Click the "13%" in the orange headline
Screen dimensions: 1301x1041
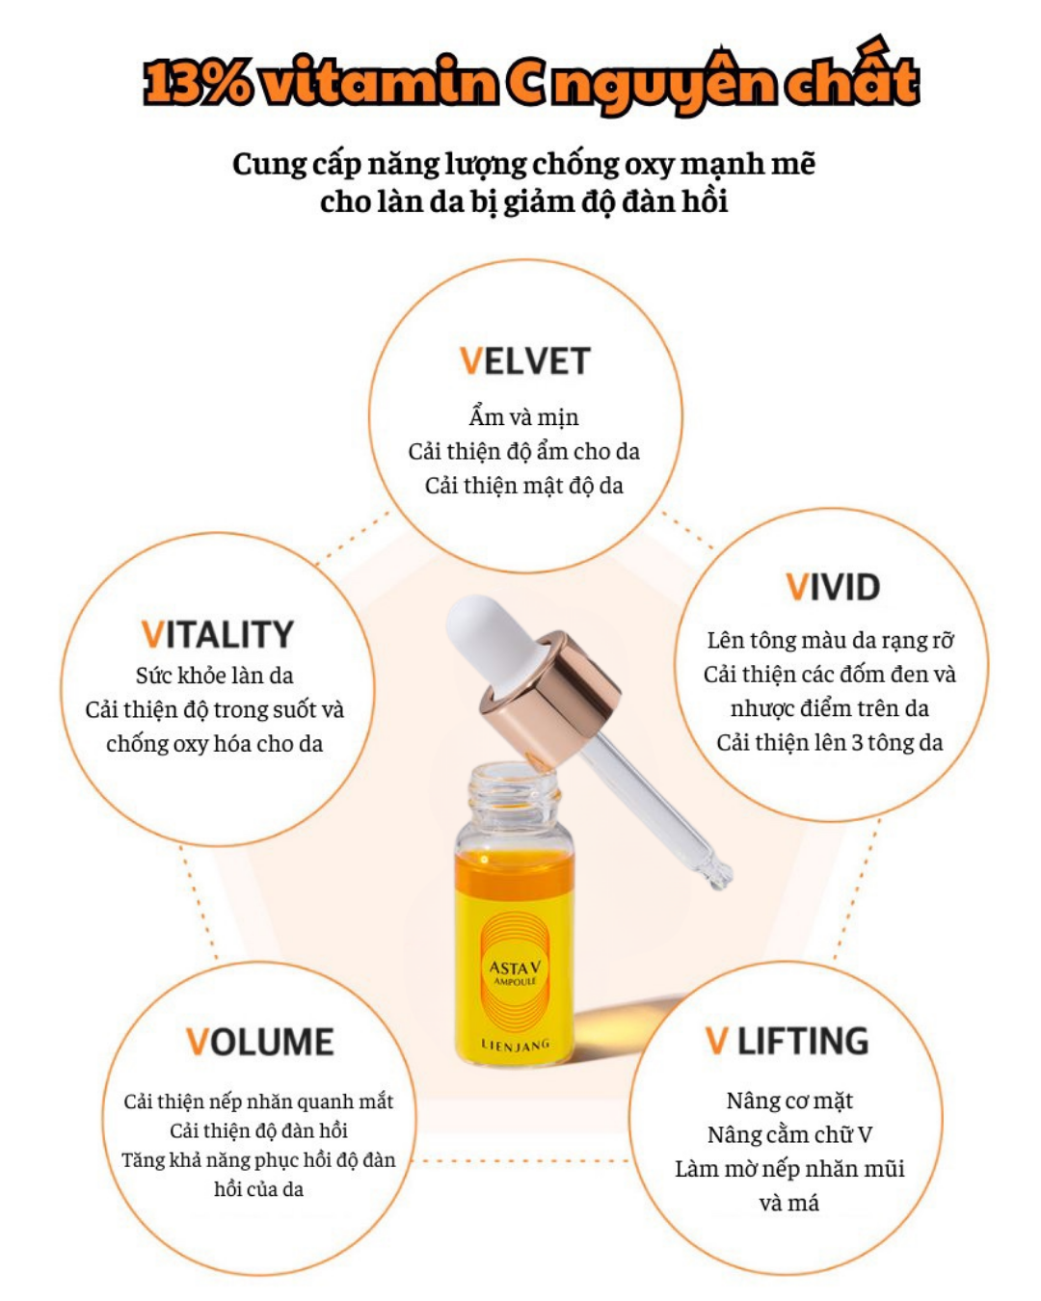pos(198,83)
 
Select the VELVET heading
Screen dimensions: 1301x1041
pos(524,361)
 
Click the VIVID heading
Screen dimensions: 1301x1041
pos(833,587)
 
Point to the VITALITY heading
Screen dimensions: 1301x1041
pos(217,635)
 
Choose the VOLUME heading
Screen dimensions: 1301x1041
pos(259,1043)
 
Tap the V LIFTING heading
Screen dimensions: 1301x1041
pos(787,1042)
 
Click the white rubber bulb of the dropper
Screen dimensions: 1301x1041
pos(482,637)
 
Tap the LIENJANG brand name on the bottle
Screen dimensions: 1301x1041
pos(515,1045)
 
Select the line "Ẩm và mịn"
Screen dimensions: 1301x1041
pos(523,417)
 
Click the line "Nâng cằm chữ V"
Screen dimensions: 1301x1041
pos(788,1134)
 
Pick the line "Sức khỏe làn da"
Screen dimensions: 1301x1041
pos(214,676)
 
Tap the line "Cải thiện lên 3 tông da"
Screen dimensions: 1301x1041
pos(829,742)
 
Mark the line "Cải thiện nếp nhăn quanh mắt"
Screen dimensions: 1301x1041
pos(258,1102)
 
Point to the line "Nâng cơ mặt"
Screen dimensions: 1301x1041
pos(788,1101)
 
